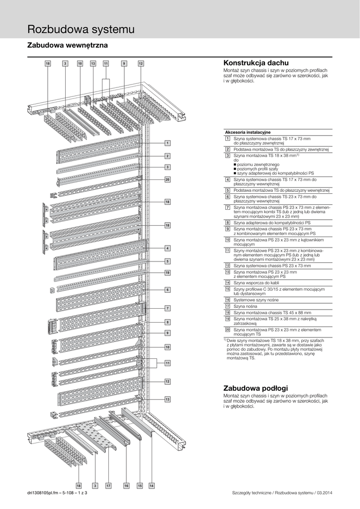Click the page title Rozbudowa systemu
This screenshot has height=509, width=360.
pyautogui.click(x=81, y=29)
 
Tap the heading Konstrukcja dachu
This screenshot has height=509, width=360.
pyautogui.click(x=256, y=63)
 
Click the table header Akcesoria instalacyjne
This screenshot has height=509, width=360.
pyautogui.click(x=248, y=132)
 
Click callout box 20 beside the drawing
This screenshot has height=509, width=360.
pyautogui.click(x=168, y=179)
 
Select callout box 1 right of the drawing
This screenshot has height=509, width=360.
pyautogui.click(x=168, y=143)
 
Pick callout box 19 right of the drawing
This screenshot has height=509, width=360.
pyautogui.click(x=168, y=273)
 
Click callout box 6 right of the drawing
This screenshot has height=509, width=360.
pyautogui.click(x=168, y=289)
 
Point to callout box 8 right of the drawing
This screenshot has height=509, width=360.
pyautogui.click(x=168, y=322)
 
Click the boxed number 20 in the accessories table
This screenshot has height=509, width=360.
pyautogui.click(x=227, y=330)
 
